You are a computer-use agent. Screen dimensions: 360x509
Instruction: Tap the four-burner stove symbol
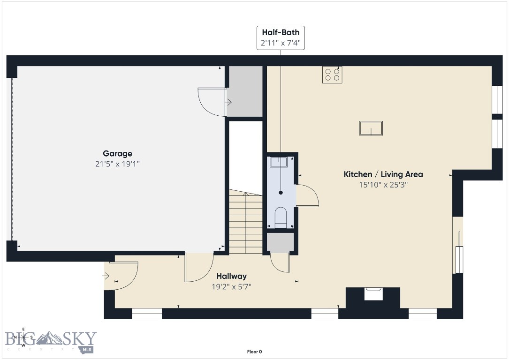(x=332, y=75)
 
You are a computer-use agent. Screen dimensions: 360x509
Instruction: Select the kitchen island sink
(x=371, y=128)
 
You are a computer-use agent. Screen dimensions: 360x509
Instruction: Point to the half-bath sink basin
(x=279, y=162)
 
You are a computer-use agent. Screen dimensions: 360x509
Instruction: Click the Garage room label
(x=117, y=153)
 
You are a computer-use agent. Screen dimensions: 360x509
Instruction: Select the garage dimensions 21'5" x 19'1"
(x=117, y=164)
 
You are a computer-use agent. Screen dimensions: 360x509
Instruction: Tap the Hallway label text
(x=231, y=276)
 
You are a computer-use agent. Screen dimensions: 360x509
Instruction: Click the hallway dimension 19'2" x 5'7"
(x=231, y=286)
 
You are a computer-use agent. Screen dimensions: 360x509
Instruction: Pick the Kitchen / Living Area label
(x=383, y=174)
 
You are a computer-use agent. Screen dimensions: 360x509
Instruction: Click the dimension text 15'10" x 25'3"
(x=383, y=185)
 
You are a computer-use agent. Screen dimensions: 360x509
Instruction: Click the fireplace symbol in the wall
(x=373, y=294)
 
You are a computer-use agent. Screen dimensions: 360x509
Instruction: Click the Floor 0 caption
(x=254, y=352)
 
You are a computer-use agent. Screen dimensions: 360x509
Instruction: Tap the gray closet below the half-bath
(x=280, y=242)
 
